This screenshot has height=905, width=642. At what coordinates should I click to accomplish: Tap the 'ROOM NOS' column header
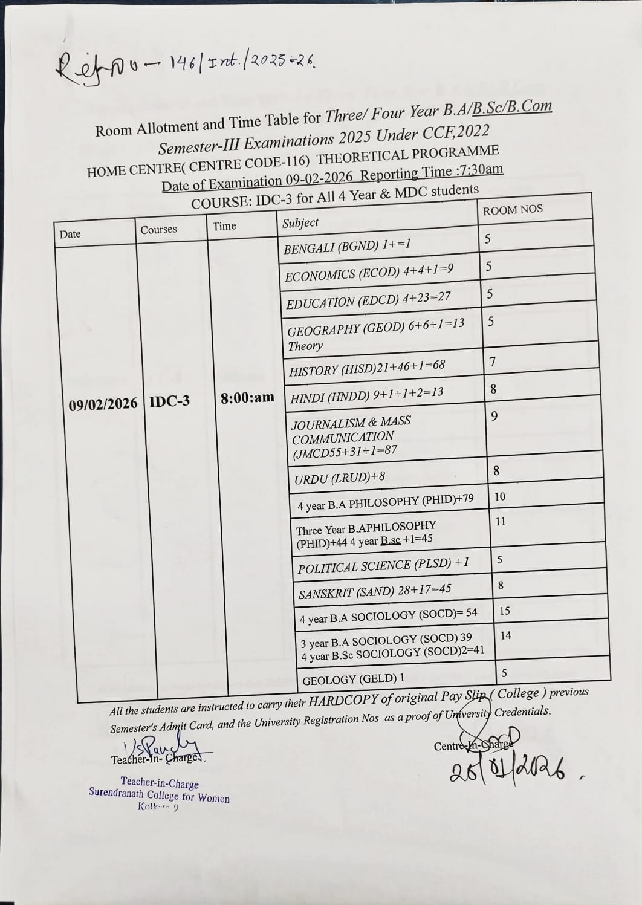[x=513, y=210]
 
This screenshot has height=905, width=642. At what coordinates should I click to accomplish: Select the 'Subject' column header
[x=300, y=223]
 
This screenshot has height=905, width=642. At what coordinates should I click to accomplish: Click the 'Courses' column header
[x=158, y=230]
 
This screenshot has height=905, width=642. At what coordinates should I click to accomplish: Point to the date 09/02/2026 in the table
[x=103, y=404]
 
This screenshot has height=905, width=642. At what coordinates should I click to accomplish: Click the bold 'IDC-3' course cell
[x=169, y=401]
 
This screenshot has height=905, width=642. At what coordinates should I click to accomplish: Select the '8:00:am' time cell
[x=247, y=398]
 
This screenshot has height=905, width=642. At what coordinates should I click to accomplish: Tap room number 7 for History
[x=493, y=362]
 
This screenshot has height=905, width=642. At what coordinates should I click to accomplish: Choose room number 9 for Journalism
[x=494, y=416]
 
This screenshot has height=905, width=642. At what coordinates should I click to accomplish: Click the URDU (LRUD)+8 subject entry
[x=339, y=478]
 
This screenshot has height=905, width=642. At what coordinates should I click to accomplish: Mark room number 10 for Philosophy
[x=500, y=496]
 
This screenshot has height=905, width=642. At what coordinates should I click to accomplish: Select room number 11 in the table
[x=501, y=521]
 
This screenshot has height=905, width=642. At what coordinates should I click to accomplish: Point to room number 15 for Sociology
[x=504, y=611]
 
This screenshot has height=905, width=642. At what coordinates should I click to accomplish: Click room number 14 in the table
[x=505, y=635]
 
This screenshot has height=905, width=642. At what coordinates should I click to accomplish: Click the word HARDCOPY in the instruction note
[x=343, y=701]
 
